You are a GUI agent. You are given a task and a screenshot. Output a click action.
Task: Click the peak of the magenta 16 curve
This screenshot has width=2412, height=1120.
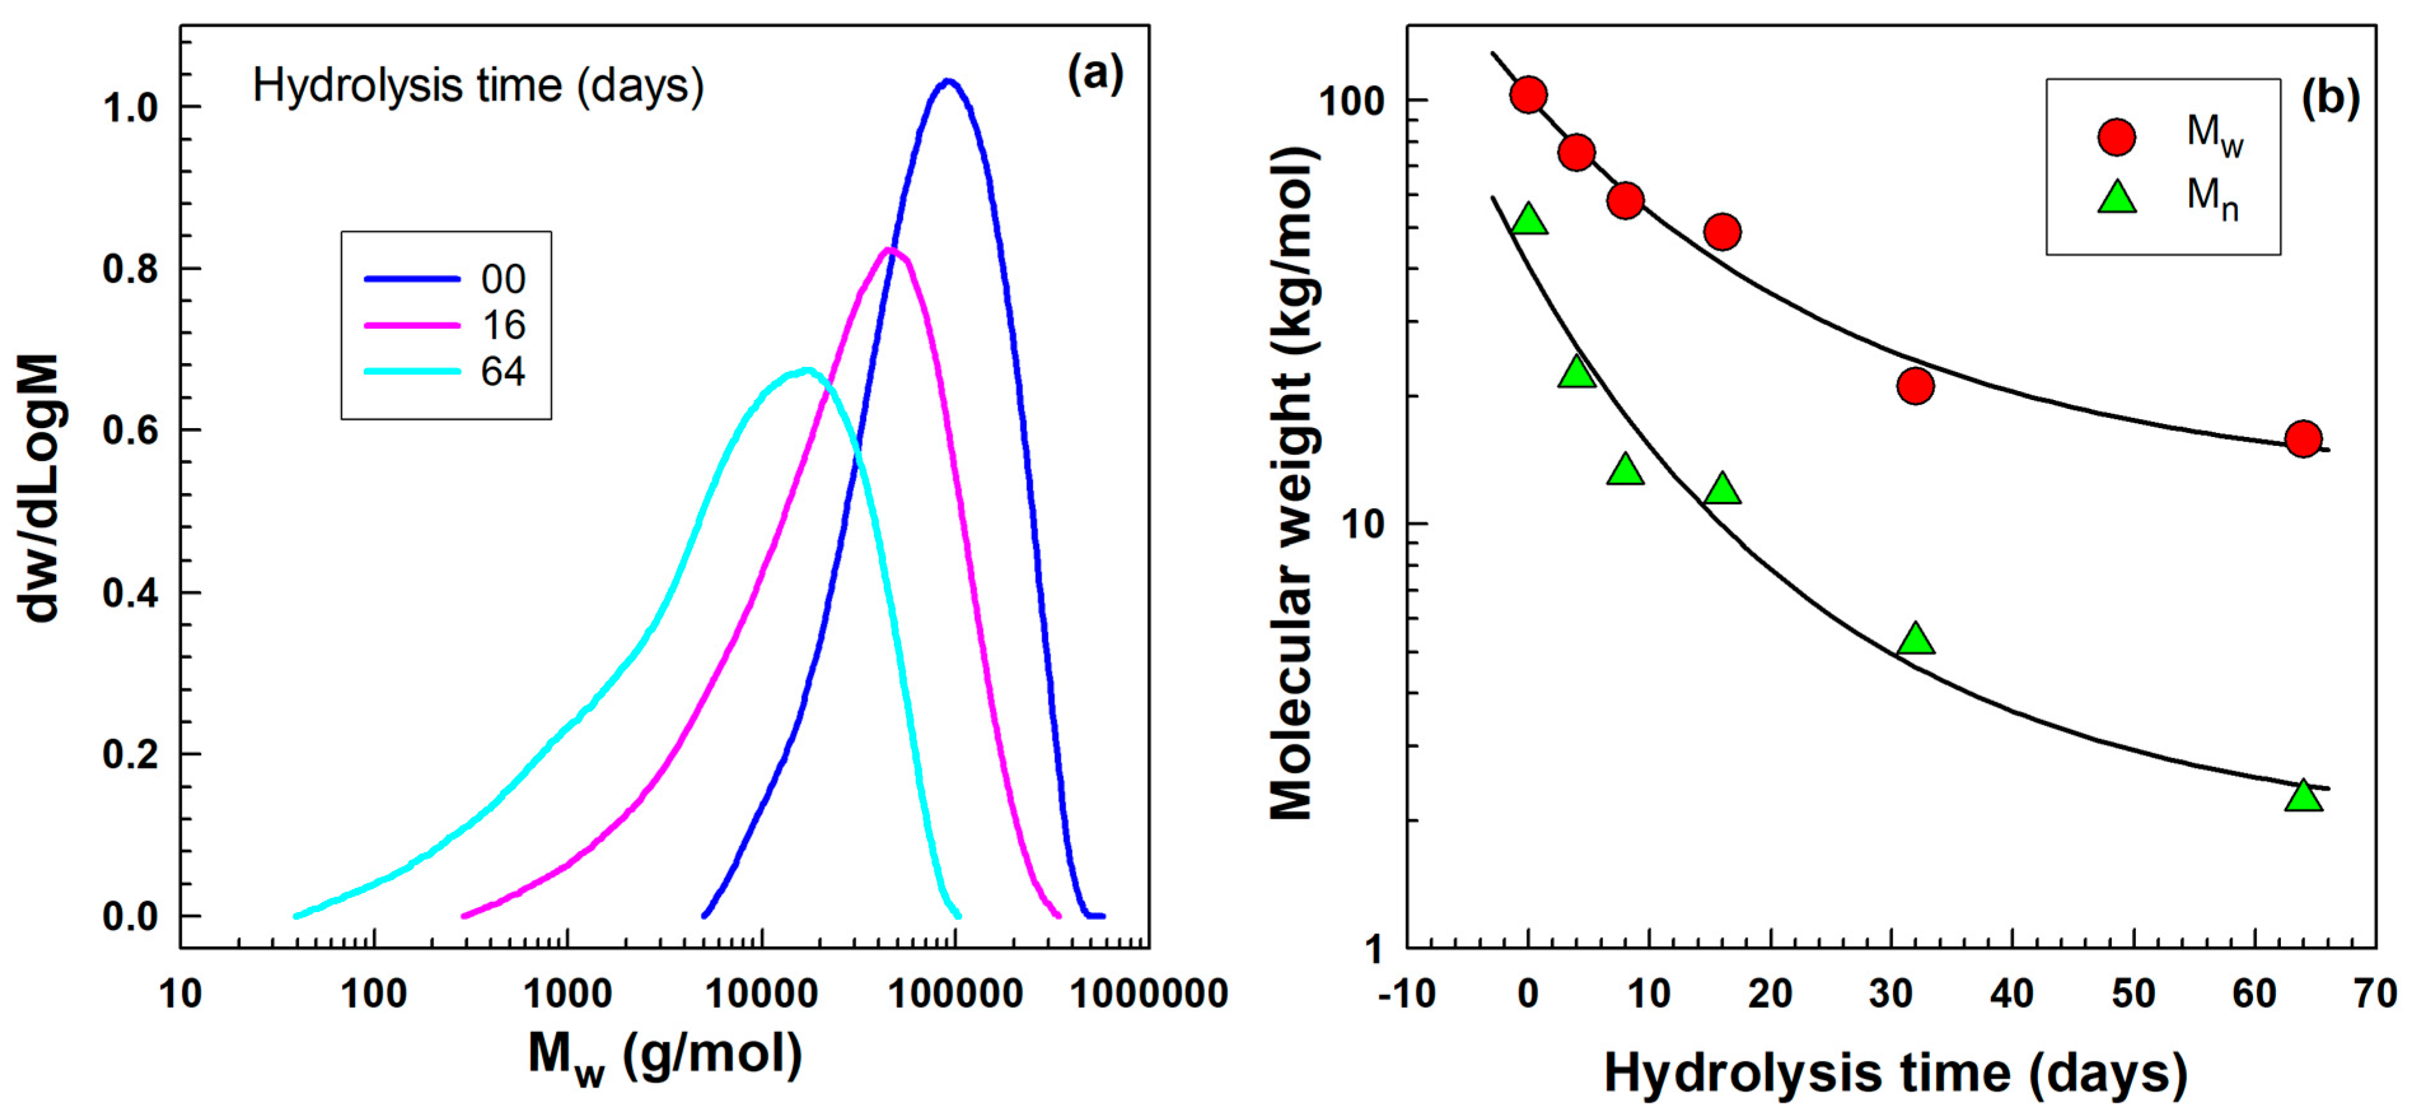890,250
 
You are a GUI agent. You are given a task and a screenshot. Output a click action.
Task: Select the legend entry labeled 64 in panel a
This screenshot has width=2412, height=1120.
503,372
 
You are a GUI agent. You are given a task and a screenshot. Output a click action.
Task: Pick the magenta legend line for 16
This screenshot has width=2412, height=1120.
412,325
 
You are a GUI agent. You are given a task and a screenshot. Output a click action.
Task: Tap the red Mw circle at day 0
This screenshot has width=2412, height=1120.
1528,95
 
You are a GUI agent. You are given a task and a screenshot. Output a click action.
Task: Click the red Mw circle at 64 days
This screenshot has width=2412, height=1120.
2303,438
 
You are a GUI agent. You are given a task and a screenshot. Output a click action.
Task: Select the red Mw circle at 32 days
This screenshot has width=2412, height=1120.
1916,385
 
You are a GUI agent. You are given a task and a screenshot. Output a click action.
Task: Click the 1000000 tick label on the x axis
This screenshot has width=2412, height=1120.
1149,993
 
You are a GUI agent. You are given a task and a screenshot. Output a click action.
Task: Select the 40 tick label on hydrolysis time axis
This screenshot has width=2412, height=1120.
2012,993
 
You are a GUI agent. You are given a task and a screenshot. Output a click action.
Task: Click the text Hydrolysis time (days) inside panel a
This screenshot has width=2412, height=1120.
478,86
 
